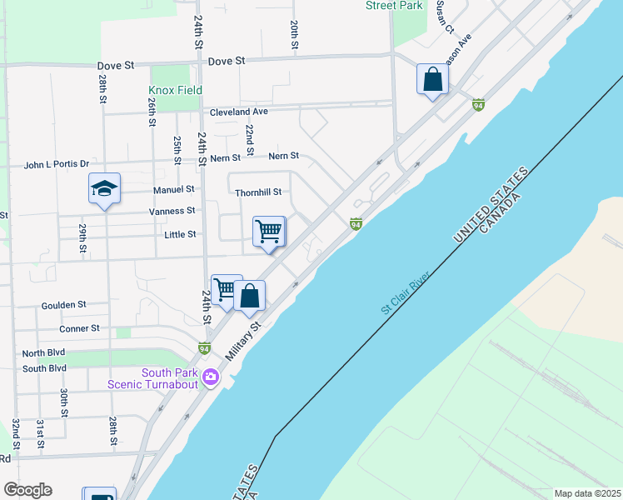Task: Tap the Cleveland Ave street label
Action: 238,112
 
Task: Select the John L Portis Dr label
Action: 56,165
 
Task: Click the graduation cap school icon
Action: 104,189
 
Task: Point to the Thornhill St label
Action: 258,192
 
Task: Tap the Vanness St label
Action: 172,212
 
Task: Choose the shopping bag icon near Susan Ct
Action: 432,80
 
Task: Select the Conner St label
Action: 79,328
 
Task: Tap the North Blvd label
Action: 44,353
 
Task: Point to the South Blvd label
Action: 44,368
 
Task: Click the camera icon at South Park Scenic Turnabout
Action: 210,377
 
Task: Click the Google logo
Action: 27,490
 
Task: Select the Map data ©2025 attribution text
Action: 586,493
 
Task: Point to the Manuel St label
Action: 173,190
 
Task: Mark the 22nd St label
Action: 250,135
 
